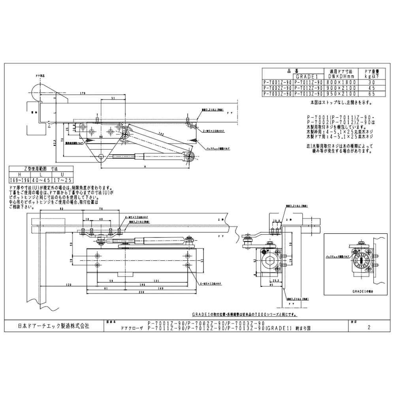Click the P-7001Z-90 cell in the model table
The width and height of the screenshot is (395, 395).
click(278, 83)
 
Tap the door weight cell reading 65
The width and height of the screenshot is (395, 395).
click(371, 94)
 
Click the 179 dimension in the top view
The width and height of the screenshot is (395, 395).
click(83, 94)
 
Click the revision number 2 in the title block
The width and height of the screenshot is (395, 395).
click(368, 327)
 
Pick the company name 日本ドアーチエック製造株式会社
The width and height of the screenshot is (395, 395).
click(55, 327)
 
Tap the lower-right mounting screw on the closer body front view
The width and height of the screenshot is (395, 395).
click(186, 273)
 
